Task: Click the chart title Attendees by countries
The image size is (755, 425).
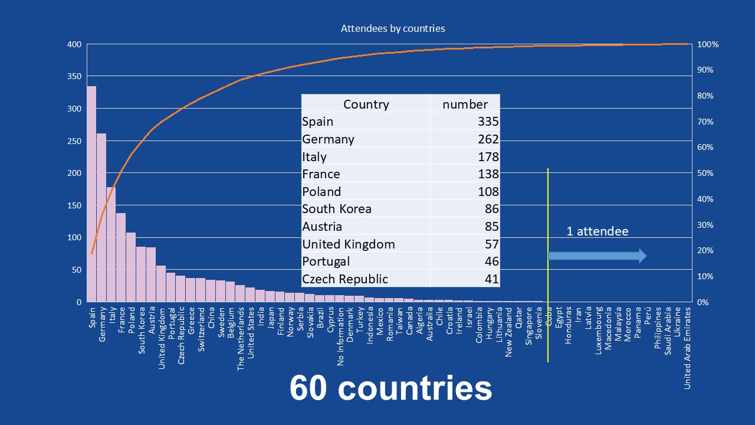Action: pyautogui.click(x=393, y=28)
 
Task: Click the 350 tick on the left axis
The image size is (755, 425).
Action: pyautogui.click(x=74, y=77)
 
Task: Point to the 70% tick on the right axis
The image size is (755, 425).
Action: pyautogui.click(x=705, y=122)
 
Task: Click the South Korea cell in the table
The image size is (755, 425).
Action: pyautogui.click(x=337, y=209)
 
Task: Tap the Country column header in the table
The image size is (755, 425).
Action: pyautogui.click(x=366, y=104)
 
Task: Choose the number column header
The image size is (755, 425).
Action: pyautogui.click(x=465, y=104)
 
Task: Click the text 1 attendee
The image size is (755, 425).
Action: pyautogui.click(x=597, y=231)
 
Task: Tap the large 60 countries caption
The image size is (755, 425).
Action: pyautogui.click(x=390, y=389)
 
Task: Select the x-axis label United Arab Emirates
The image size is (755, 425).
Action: pyautogui.click(x=688, y=348)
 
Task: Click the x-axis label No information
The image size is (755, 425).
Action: pyautogui.click(x=341, y=336)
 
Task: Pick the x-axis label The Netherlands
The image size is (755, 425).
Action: pyautogui.click(x=241, y=338)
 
